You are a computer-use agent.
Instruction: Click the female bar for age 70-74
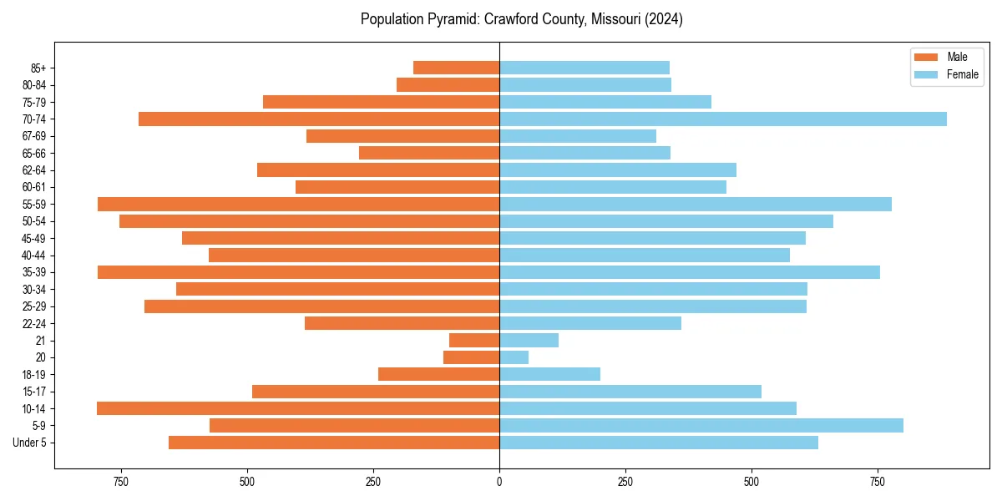pyautogui.click(x=722, y=119)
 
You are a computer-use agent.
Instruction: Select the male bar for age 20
pyautogui.click(x=472, y=357)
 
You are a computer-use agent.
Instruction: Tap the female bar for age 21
pyautogui.click(x=529, y=341)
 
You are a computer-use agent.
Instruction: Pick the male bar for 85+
pyautogui.click(x=456, y=68)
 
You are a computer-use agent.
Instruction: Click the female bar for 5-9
pyautogui.click(x=701, y=426)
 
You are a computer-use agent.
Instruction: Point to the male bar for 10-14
pyautogui.click(x=298, y=408)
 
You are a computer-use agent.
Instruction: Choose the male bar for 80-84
pyautogui.click(x=448, y=85)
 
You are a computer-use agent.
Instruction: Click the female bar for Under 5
pyautogui.click(x=659, y=443)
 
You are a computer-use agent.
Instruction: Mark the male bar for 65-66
pyautogui.click(x=429, y=153)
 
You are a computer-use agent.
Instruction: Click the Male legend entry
pyautogui.click(x=956, y=57)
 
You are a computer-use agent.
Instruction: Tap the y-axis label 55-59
pyautogui.click(x=33, y=205)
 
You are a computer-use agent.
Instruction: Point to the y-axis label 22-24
pyautogui.click(x=33, y=324)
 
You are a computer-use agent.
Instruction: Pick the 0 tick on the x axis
pyautogui.click(x=499, y=482)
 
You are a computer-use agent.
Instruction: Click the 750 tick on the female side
pyautogui.click(x=877, y=482)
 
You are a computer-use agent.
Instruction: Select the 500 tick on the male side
pyautogui.click(x=247, y=482)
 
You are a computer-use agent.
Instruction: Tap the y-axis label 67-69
pyautogui.click(x=33, y=136)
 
